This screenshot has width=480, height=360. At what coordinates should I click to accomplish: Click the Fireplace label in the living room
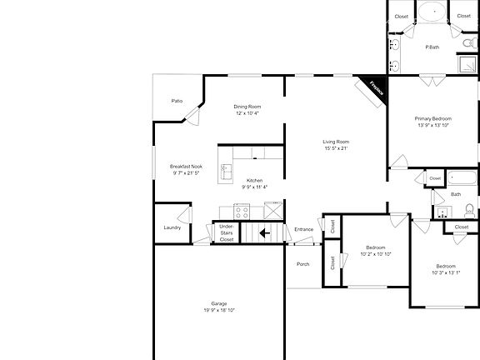pyautogui.click(x=371, y=89)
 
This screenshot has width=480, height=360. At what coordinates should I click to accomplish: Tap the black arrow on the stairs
pyautogui.click(x=264, y=233)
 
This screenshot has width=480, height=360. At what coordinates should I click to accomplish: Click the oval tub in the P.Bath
pyautogui.click(x=432, y=12)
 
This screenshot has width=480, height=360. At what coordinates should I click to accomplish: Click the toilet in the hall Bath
pyautogui.click(x=468, y=209)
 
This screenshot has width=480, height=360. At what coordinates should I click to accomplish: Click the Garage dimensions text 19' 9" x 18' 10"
pyautogui.click(x=219, y=310)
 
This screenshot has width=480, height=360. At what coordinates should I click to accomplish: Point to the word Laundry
pyautogui.click(x=172, y=227)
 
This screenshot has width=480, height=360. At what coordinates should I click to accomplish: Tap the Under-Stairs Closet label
pyautogui.click(x=226, y=232)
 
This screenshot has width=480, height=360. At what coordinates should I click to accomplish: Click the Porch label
pyautogui.click(x=303, y=264)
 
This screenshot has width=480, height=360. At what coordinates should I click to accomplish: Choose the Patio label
pyautogui.click(x=177, y=100)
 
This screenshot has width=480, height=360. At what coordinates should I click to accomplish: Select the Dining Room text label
pyautogui.click(x=247, y=106)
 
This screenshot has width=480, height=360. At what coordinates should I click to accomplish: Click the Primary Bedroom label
pyautogui.click(x=432, y=119)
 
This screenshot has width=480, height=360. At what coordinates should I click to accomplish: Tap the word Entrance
pyautogui.click(x=303, y=229)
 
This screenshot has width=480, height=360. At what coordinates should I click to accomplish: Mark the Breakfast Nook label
pyautogui.click(x=185, y=166)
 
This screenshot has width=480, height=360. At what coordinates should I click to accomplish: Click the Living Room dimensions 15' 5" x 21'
pyautogui.click(x=336, y=148)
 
